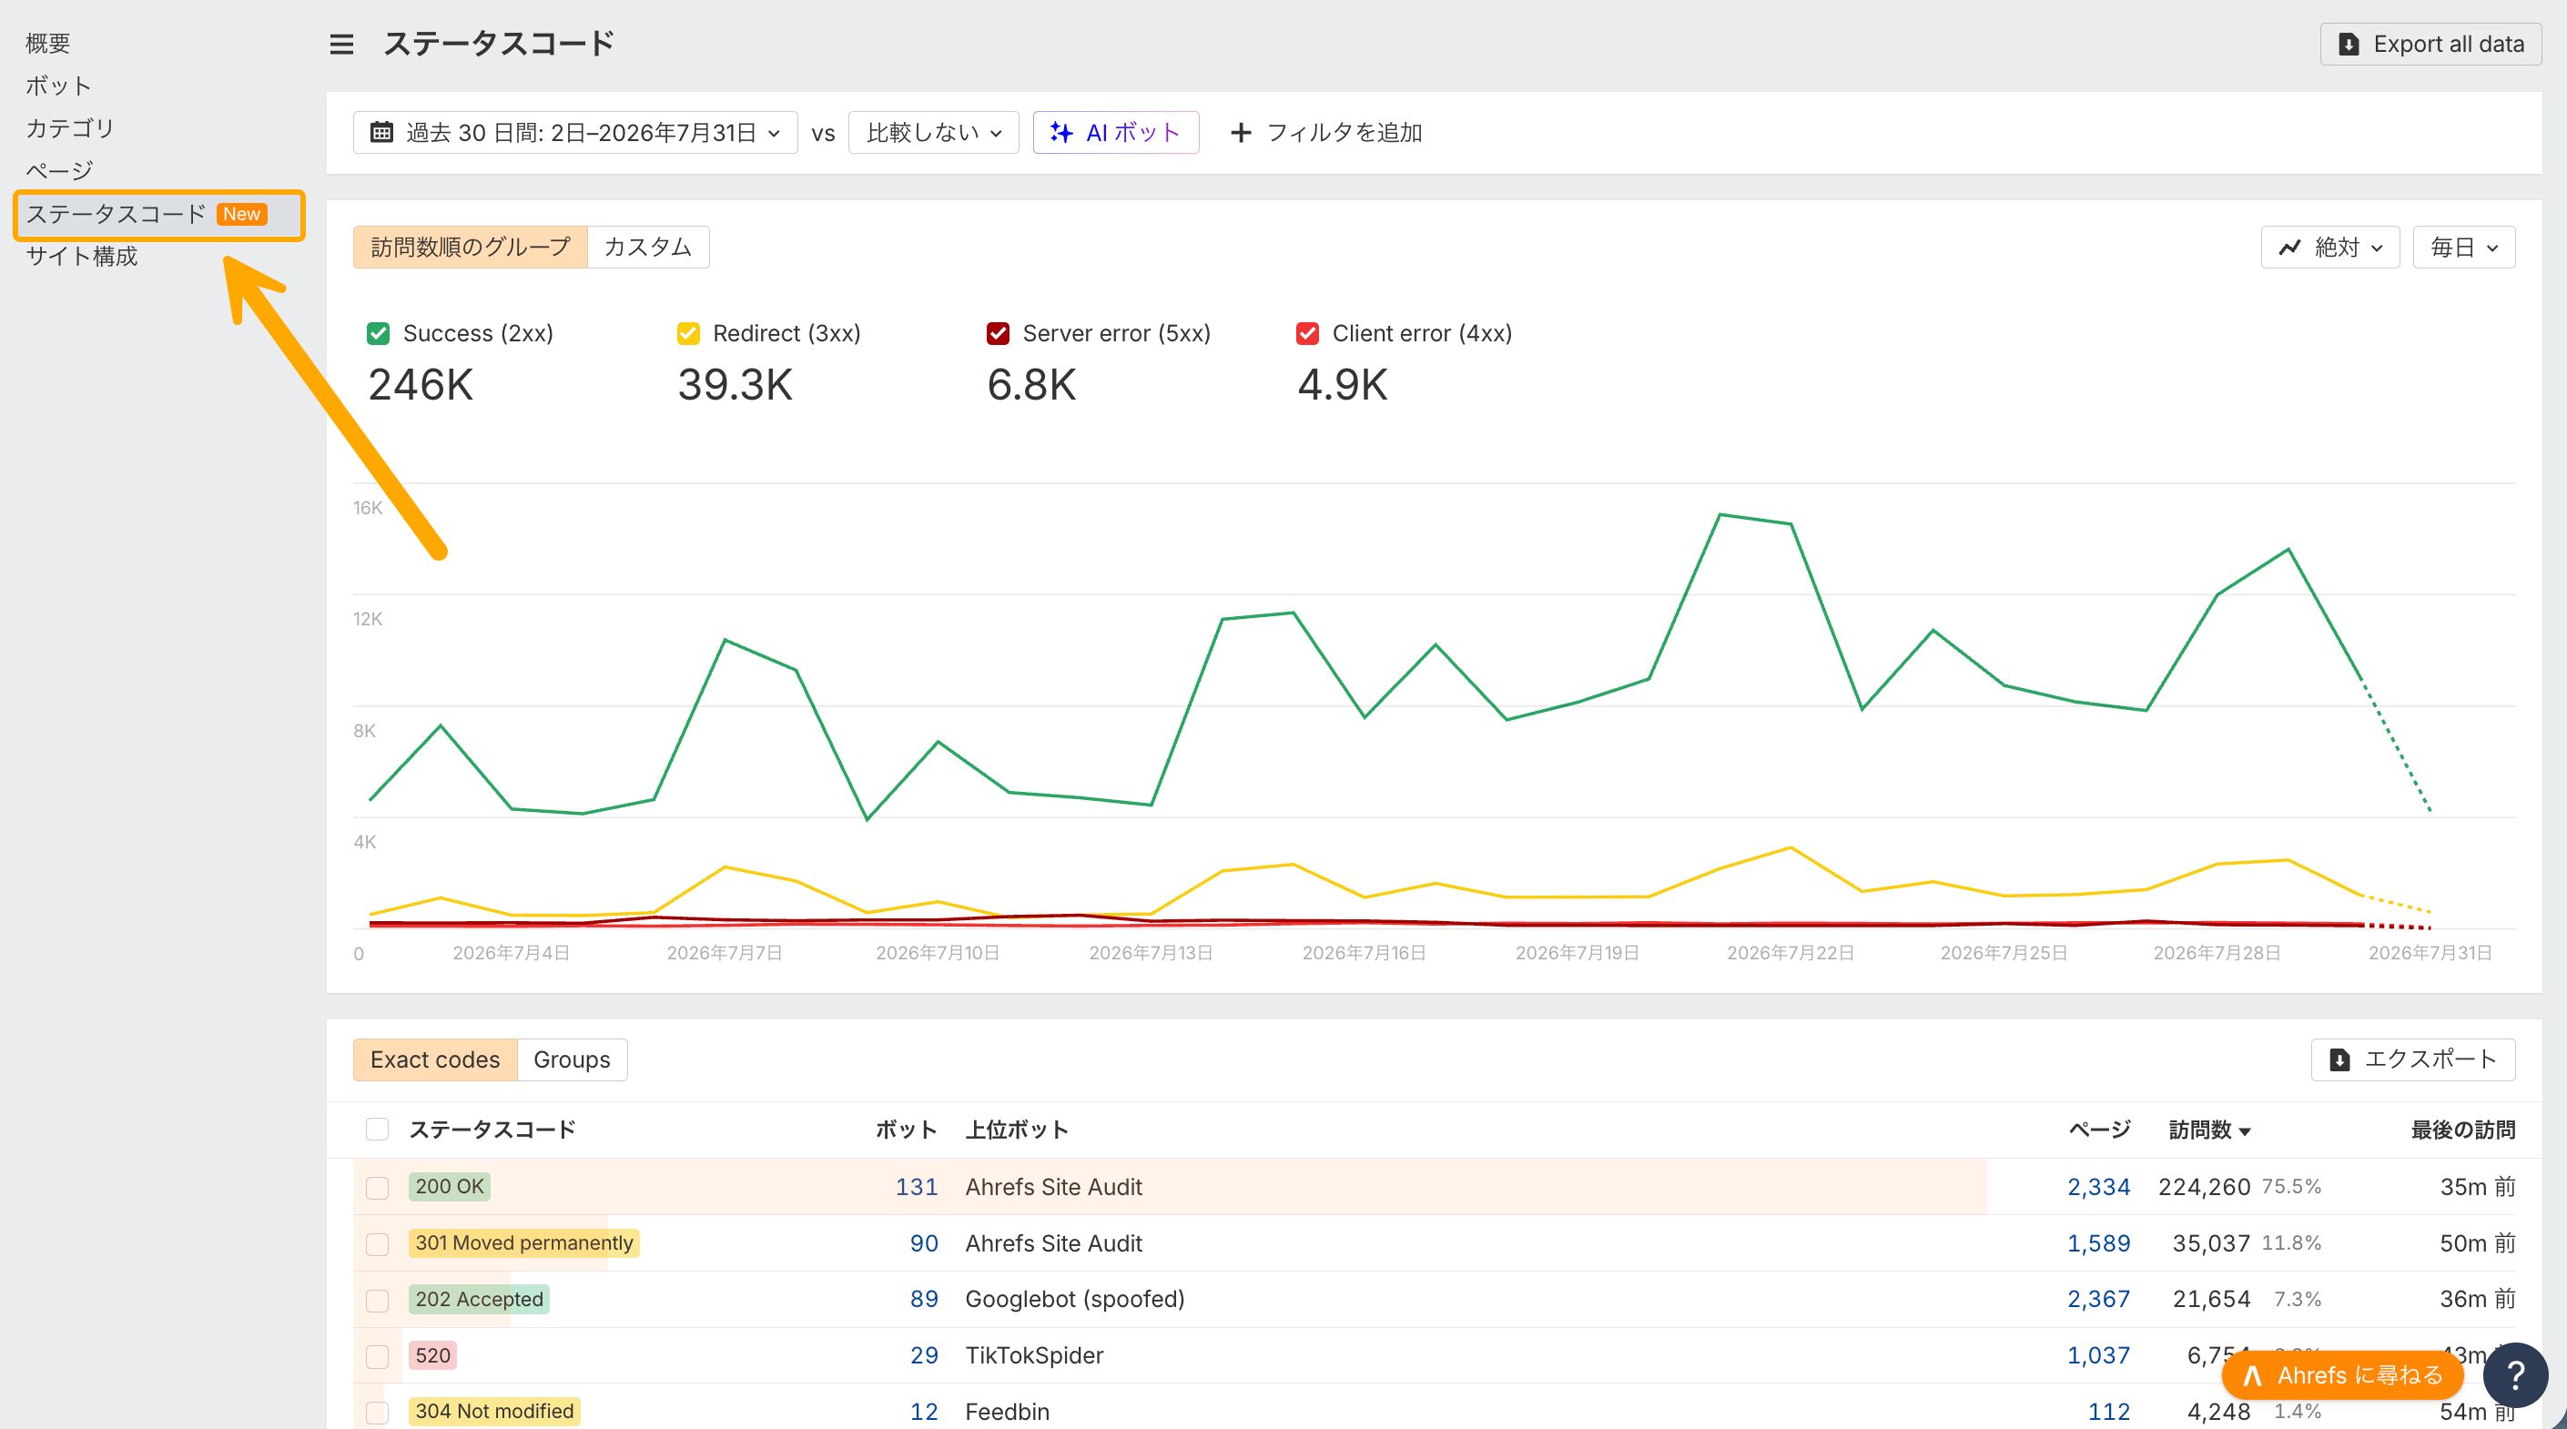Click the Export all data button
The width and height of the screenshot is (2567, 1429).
(2430, 44)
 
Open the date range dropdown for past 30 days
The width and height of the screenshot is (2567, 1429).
(575, 133)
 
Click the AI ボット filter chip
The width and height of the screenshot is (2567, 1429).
(1115, 133)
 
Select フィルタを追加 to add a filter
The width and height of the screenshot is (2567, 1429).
(1326, 133)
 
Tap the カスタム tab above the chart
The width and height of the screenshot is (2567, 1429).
(648, 248)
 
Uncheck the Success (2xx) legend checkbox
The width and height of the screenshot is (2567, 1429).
(379, 334)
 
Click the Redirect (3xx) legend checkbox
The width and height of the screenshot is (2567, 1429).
(688, 334)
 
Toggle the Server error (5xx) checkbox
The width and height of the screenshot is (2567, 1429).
(999, 334)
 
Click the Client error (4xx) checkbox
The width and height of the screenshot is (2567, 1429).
(1307, 334)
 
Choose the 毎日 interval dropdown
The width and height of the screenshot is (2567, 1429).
(2464, 248)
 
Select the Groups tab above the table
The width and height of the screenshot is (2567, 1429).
(572, 1059)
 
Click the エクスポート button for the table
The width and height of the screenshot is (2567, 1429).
(2413, 1059)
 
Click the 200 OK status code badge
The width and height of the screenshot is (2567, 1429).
(450, 1187)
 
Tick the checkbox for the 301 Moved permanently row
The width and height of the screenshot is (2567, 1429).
(378, 1244)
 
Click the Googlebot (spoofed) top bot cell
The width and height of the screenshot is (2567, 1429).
(1075, 1300)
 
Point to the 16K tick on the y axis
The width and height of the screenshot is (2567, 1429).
(368, 508)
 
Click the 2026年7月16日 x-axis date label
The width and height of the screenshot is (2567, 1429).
(1365, 954)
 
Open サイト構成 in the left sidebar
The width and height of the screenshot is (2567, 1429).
(82, 257)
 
